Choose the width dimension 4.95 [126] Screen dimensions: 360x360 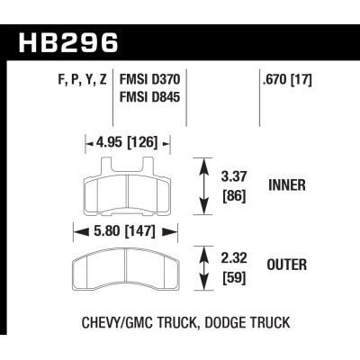(124, 141)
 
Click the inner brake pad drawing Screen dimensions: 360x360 (125, 191)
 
